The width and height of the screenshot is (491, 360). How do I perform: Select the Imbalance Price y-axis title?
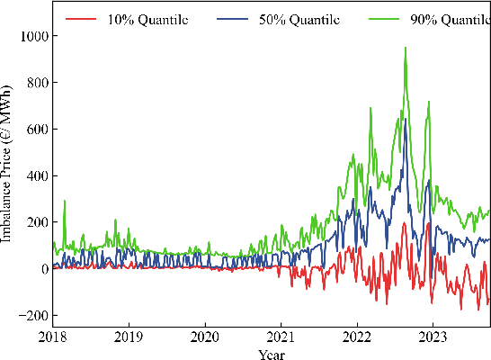(x=7, y=166)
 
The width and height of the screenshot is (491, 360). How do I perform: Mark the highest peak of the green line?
(x=406, y=48)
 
